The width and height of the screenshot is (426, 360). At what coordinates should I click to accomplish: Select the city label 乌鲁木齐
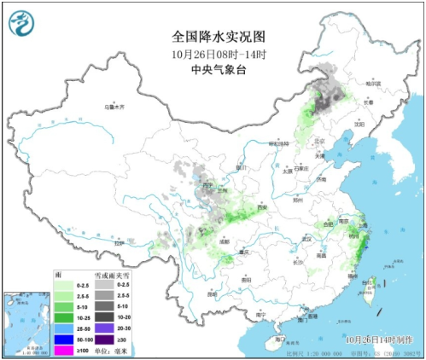(x=114, y=107)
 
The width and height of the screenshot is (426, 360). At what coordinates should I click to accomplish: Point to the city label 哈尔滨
(x=371, y=84)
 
